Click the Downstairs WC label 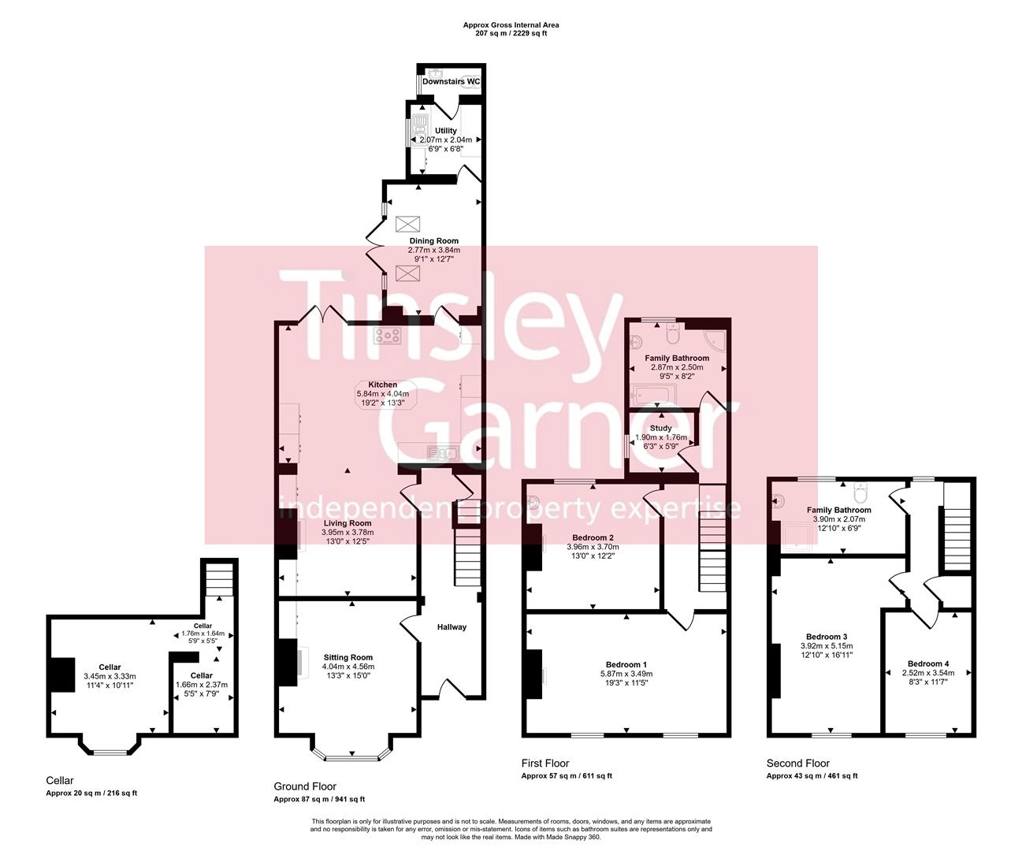(451, 81)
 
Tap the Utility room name (445, 131)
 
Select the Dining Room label (433, 241)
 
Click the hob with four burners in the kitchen (388, 335)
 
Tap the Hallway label (452, 627)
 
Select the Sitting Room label (347, 657)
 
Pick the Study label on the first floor (660, 429)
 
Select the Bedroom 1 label (626, 664)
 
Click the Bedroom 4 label (927, 663)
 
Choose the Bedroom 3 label (827, 637)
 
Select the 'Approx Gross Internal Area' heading (511, 25)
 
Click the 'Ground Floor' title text (305, 786)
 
